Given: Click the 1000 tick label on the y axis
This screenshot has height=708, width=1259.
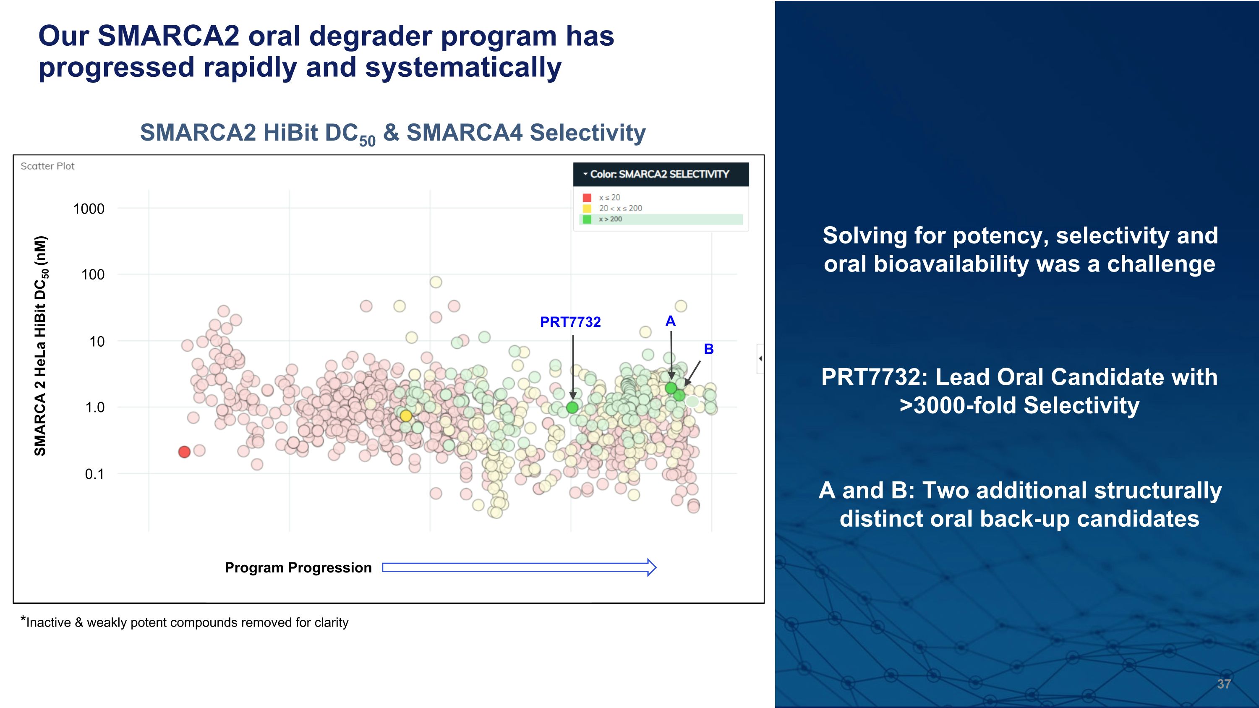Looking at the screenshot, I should click(x=89, y=209).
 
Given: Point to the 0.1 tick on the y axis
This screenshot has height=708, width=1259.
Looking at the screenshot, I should click(x=94, y=474).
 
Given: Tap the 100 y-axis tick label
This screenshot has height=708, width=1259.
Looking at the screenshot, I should click(x=93, y=274).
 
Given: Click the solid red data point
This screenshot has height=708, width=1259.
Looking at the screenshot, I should click(x=184, y=452).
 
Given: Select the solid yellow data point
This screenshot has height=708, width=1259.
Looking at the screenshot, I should click(x=406, y=416).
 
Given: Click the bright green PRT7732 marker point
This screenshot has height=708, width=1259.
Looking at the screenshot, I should click(x=572, y=408).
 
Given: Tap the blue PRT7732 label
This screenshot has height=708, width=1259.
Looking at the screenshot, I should click(x=570, y=322).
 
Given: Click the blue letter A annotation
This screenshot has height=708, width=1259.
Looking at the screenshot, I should click(x=671, y=321).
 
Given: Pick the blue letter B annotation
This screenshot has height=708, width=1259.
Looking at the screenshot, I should click(x=709, y=349).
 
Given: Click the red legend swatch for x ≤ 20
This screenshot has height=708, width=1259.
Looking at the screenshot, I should click(x=587, y=197).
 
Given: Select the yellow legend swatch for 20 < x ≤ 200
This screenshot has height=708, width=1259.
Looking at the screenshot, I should click(x=587, y=208).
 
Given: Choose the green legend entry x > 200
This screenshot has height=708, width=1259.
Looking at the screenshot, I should click(x=611, y=219).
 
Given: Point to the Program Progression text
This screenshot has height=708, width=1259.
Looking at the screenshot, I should click(x=298, y=568).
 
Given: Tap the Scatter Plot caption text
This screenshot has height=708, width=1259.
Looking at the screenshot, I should click(x=47, y=166).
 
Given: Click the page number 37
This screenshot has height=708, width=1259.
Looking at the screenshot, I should click(x=1223, y=684).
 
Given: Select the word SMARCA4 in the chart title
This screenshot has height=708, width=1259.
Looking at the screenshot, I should click(x=464, y=133).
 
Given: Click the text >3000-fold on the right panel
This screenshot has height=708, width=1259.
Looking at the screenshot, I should click(x=958, y=405).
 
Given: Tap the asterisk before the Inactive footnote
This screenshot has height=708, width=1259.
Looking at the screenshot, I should click(x=23, y=619).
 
